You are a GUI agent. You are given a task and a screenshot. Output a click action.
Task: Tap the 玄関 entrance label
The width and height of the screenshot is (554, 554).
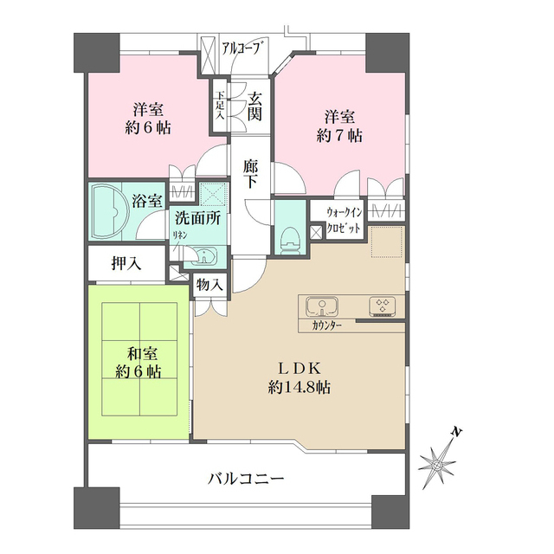tap(255, 106)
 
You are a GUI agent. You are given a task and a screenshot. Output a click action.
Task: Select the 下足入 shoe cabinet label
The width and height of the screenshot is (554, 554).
tap(220, 106)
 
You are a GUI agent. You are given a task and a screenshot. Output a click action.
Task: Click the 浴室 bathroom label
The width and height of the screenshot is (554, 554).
tap(146, 201)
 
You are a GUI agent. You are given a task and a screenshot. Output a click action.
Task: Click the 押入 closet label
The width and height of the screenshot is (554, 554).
tap(126, 263)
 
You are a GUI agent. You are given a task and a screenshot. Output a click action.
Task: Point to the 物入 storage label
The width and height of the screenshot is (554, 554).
tap(209, 283)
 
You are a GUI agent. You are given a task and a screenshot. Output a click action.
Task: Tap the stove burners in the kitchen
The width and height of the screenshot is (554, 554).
tap(381, 306)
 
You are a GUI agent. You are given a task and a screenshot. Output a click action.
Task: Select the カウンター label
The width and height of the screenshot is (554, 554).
tap(322, 325)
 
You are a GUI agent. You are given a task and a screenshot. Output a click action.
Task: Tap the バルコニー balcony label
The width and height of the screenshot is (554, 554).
tap(247, 478)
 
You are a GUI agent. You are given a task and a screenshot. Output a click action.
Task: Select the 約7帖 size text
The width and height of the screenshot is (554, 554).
tap(338, 136)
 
